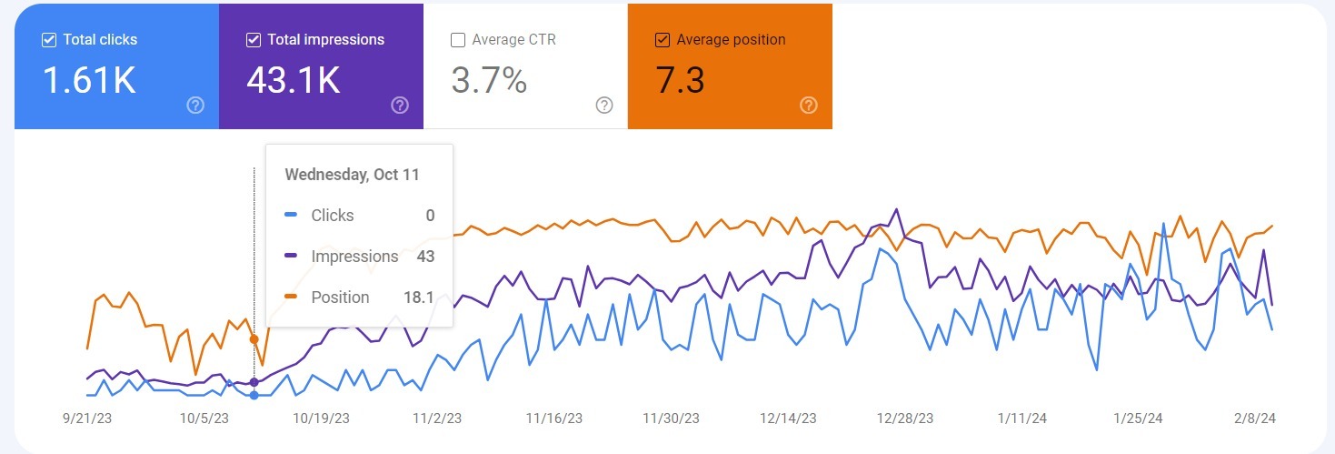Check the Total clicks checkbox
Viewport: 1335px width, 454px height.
coord(49,40)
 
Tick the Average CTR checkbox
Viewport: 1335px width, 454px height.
coord(458,40)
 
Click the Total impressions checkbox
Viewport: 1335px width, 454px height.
coord(254,40)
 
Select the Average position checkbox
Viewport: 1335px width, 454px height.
coord(663,40)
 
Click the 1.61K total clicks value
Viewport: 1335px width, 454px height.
coord(89,81)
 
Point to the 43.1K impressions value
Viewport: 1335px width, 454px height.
coord(294,81)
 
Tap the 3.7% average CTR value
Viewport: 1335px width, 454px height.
coord(489,81)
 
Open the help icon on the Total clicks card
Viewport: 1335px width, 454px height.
coord(195,106)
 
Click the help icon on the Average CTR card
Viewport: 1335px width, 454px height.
coord(604,106)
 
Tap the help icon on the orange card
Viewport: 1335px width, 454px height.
coord(809,106)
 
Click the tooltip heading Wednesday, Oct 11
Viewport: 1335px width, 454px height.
coord(353,175)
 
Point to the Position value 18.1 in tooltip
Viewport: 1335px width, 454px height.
coord(418,298)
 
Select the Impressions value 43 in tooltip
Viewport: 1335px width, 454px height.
coord(425,257)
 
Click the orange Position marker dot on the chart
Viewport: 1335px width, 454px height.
coord(254,339)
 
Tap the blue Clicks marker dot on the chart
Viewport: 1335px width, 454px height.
coord(254,395)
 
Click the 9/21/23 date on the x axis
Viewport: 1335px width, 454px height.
coord(87,419)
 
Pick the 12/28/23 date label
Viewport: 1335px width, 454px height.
coord(904,419)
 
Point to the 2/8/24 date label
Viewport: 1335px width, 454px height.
coord(1255,419)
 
